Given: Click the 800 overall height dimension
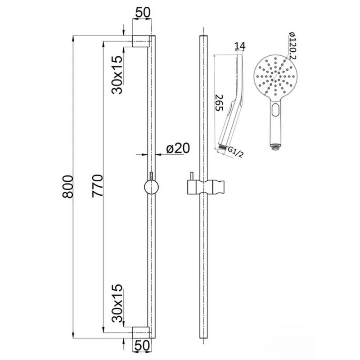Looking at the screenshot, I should coord(67,186).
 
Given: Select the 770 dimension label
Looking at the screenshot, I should coord(98,186).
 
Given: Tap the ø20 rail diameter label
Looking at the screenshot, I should coord(177,148).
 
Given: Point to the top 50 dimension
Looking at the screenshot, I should coord(143,12).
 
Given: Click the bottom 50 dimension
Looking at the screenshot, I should coord(143,347).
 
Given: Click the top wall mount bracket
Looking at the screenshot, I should coord(141,41).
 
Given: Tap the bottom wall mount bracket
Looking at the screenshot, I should coord(141,332).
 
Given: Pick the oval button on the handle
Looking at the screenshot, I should coord(275,109).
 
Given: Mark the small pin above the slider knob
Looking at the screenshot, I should coord(152,175).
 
